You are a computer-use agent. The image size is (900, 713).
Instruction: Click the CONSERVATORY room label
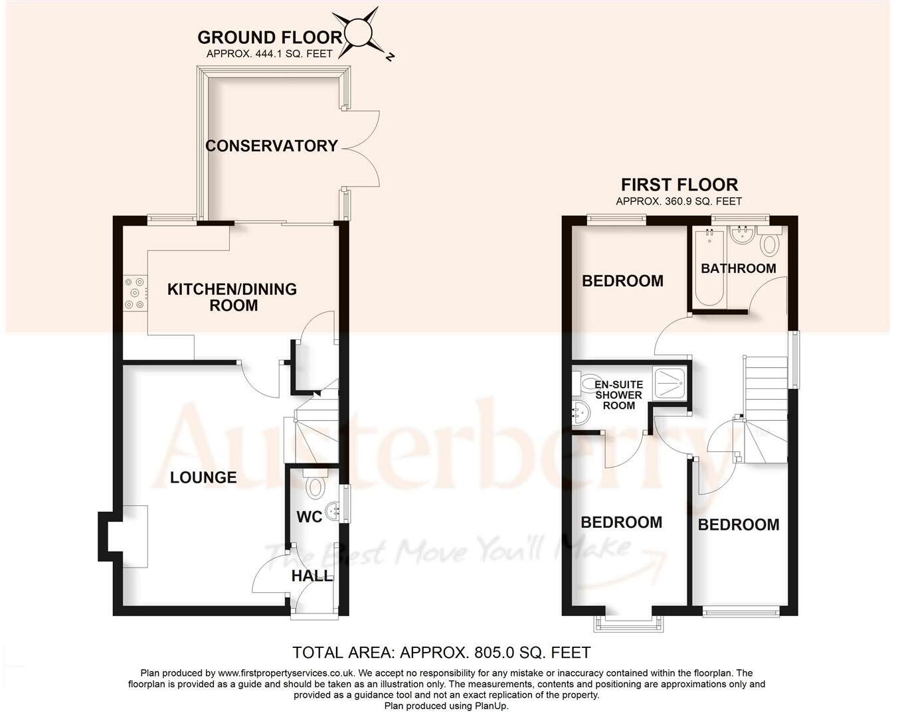271,146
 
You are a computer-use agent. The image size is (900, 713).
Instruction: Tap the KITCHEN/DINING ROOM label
232,297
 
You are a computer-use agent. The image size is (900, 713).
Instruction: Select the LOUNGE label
203,477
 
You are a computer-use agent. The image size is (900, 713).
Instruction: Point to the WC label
309,516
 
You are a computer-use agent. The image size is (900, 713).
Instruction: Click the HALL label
312,576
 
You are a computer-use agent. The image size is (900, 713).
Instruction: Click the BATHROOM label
738,268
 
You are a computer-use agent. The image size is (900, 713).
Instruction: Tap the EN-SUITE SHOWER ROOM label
618,395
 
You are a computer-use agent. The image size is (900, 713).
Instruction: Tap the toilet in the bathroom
769,244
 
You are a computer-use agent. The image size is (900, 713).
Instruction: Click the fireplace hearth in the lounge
135,536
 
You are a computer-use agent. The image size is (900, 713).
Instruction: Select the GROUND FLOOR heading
270,38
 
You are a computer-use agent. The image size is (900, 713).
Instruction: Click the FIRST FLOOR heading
679,185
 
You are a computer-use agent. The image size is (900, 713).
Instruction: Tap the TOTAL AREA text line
441,653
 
